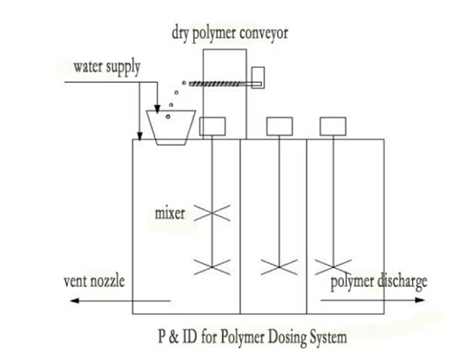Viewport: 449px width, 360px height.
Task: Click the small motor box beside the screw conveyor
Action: click(x=259, y=78)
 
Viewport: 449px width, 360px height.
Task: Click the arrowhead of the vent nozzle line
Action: click(x=72, y=301)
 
